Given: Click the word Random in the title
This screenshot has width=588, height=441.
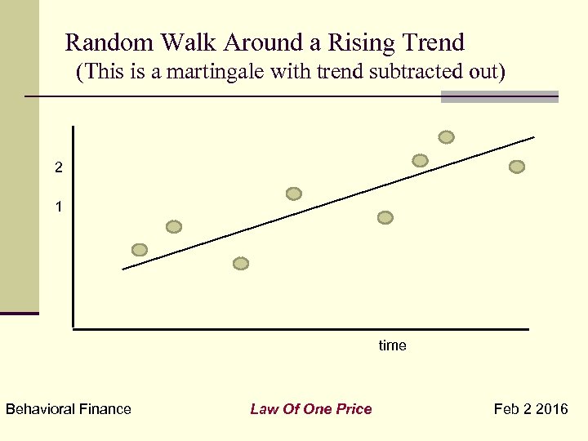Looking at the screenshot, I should click(x=103, y=42).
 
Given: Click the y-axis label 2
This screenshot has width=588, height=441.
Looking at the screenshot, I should click(x=58, y=167).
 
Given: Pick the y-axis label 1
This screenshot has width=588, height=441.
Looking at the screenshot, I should click(x=58, y=207).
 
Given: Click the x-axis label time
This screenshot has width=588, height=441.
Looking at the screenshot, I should click(x=392, y=345).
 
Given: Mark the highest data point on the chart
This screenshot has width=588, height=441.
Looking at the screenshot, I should click(x=446, y=137).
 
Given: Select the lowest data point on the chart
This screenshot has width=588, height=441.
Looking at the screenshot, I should click(x=240, y=264).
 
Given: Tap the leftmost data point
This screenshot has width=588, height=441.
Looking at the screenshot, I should click(x=140, y=250).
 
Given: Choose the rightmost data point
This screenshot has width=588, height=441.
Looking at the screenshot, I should click(x=516, y=167).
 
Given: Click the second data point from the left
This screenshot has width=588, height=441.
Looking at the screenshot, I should click(x=173, y=227).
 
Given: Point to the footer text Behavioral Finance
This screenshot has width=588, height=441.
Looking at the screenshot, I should click(x=69, y=409).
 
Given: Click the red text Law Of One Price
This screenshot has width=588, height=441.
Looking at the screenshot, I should click(x=310, y=409).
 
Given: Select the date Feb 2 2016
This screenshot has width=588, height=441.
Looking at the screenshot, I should click(x=531, y=409).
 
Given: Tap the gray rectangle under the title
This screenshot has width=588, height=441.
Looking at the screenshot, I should click(x=499, y=97).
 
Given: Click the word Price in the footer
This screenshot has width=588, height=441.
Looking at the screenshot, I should click(x=355, y=409).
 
